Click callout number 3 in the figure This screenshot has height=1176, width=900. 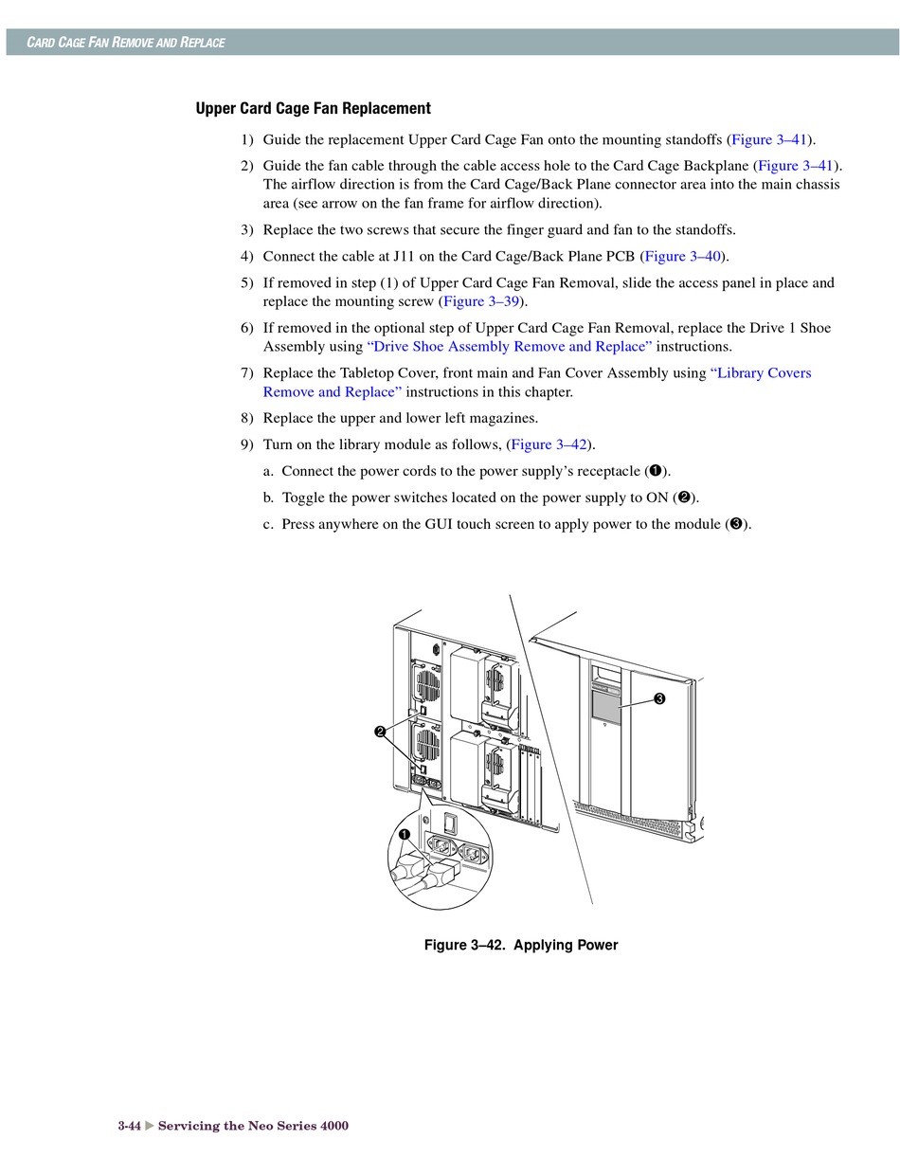click(x=658, y=699)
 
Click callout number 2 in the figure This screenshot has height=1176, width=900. click(x=380, y=732)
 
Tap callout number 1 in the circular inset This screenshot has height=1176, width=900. click(x=405, y=835)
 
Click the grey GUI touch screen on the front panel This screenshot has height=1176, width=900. click(x=604, y=706)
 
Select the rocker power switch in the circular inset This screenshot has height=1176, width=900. click(x=451, y=821)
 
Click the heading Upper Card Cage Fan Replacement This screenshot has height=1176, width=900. click(x=313, y=109)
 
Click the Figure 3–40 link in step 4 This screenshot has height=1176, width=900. click(x=683, y=256)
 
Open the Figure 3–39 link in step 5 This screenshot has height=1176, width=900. click(x=481, y=301)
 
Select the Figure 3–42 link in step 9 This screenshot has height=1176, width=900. click(x=549, y=444)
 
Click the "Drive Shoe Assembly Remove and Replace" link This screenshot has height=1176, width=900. click(x=510, y=347)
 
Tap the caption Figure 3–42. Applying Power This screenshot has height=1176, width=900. click(x=521, y=945)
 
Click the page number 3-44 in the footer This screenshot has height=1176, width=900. click(x=129, y=1126)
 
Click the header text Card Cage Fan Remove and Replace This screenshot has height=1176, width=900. click(x=125, y=43)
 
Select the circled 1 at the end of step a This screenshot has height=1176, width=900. click(x=654, y=471)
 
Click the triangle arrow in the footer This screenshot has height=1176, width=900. click(x=149, y=1126)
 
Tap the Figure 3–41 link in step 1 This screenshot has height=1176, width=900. click(x=769, y=139)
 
